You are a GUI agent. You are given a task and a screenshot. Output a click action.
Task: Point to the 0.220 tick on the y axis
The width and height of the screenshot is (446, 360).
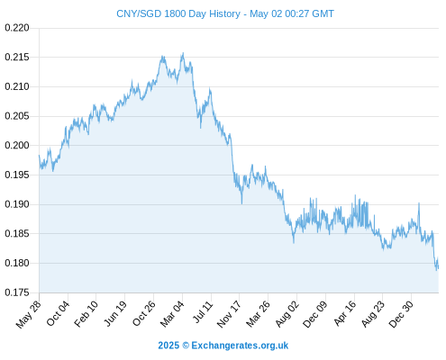point(17,28)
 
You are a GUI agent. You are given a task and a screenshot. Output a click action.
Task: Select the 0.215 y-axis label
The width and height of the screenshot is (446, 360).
point(17,57)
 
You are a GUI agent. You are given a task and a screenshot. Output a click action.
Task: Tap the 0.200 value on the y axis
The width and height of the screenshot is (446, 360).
point(17,146)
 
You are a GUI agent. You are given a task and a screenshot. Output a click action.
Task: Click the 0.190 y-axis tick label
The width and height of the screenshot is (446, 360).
point(17,204)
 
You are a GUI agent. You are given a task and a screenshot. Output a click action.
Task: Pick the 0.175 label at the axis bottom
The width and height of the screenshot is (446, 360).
point(17,292)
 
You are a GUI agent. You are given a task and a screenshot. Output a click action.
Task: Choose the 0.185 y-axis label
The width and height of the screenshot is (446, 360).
point(17,233)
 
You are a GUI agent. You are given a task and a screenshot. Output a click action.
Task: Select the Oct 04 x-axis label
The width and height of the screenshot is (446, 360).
point(58,313)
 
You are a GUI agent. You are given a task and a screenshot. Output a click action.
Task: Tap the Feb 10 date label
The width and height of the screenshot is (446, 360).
point(86,313)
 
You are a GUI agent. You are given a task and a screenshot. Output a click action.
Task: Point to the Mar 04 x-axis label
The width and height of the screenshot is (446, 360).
point(172,313)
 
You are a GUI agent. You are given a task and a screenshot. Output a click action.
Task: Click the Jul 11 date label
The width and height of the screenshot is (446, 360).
point(203,312)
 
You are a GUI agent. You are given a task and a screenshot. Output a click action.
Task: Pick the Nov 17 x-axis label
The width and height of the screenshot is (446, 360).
point(229,314)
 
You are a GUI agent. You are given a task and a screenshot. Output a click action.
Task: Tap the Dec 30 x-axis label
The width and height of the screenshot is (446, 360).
point(401,314)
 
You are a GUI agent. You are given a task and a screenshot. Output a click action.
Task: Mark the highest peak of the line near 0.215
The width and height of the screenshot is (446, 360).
point(183,53)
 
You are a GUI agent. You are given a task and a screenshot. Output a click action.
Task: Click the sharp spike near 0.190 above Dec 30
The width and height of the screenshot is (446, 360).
point(419,203)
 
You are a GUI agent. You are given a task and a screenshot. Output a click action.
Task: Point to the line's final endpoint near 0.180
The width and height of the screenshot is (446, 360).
point(438,267)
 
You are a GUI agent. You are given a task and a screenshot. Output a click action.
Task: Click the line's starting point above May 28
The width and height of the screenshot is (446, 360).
point(39,155)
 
